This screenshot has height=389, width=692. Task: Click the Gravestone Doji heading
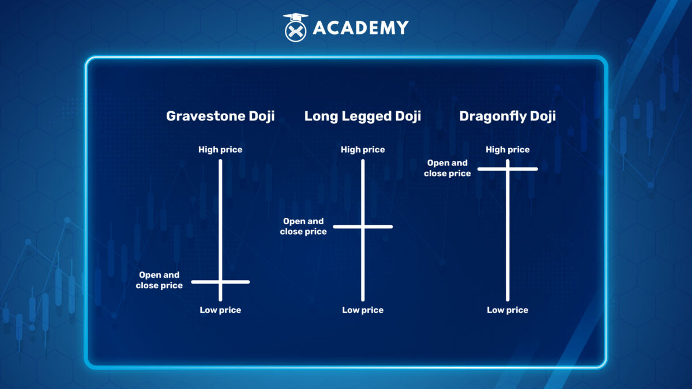[x=220, y=116]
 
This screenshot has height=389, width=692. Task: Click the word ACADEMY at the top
[x=360, y=28]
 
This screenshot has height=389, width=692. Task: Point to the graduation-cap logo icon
[x=296, y=27]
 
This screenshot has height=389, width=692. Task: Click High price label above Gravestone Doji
[x=220, y=150]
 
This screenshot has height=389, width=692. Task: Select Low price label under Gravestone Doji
[x=220, y=310]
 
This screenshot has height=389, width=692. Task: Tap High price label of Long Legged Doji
[x=363, y=150]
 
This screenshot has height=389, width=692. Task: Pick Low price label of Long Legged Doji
[x=363, y=310]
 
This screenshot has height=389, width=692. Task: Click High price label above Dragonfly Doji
[x=507, y=150]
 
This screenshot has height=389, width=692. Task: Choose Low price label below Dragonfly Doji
[x=507, y=310]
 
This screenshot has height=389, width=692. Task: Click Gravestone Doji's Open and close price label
[x=159, y=280]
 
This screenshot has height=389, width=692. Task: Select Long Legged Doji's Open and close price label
[x=303, y=226]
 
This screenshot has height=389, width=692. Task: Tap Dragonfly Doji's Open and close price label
[x=447, y=168]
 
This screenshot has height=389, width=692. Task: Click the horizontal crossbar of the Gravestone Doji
[x=220, y=282]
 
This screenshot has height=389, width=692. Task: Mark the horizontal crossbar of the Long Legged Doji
[x=363, y=226]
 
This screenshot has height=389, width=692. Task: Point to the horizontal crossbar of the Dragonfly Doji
[x=507, y=169]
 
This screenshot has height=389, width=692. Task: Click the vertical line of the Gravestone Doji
[x=220, y=231]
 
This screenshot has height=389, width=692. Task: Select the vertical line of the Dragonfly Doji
[x=507, y=231]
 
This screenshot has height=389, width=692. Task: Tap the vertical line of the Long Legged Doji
[x=363, y=231]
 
